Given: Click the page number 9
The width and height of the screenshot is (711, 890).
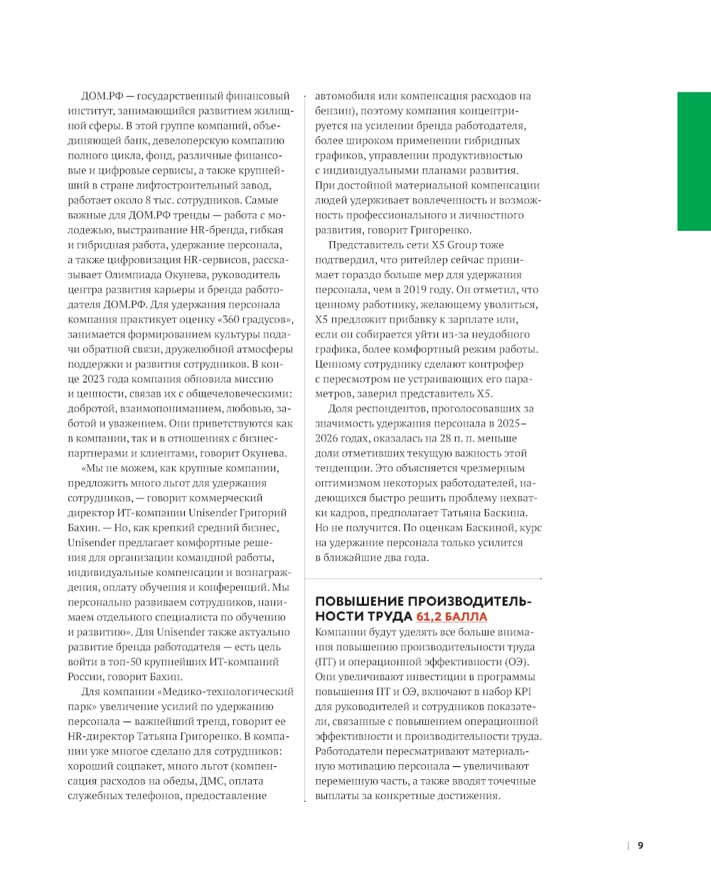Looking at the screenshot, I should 640,846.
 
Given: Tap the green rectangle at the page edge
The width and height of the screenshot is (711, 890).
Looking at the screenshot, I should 694,161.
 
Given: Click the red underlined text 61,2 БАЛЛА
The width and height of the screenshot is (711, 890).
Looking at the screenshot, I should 451,616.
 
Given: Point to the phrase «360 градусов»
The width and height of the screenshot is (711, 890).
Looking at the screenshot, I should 256,319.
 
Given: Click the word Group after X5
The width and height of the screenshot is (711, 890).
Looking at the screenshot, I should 462,245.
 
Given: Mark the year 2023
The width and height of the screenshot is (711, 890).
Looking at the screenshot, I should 93,379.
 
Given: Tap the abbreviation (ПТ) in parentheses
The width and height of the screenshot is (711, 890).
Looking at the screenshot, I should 326,662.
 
